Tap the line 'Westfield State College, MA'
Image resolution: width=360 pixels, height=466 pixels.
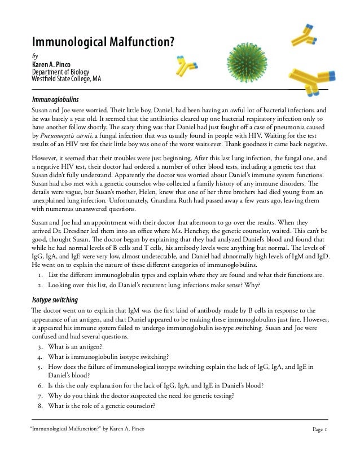[66, 78]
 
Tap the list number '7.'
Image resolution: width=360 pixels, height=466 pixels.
[41, 395]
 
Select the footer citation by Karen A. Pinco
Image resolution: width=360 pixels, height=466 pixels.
[87, 429]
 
